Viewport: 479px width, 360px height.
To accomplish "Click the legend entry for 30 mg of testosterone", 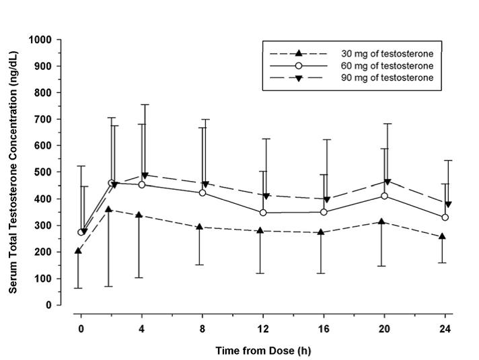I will coord(350,53).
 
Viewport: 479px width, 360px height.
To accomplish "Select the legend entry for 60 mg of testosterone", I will coord(350,66).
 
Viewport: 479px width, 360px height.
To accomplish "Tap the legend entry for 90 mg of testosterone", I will coord(350,79).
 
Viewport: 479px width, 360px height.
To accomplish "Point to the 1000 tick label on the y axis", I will coord(40,40).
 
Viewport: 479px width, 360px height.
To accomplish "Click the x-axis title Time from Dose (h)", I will coord(263,351).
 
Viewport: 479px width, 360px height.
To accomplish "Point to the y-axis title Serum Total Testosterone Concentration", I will coord(13,172).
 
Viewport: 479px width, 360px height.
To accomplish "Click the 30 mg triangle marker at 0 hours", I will coord(79,250).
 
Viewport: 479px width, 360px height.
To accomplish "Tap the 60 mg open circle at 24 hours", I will coord(445,217).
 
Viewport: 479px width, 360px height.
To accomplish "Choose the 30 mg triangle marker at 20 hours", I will coord(382,221).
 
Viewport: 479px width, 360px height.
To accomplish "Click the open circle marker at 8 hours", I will coord(202,193).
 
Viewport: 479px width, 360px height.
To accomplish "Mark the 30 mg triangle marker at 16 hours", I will coord(321,232).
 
